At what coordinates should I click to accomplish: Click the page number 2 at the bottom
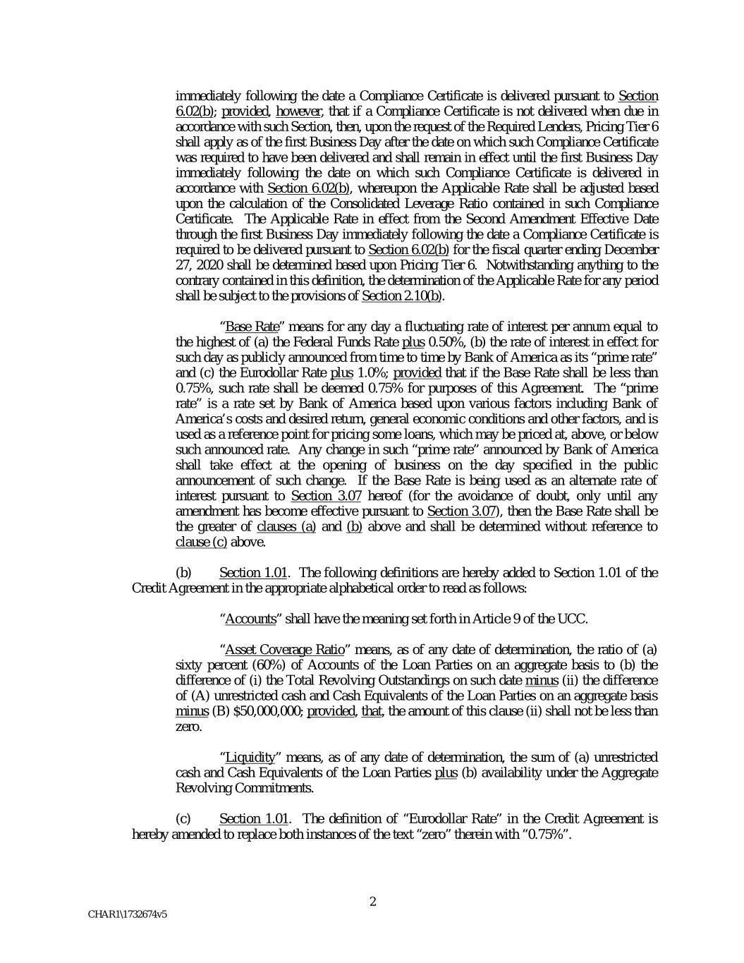pos(372,901)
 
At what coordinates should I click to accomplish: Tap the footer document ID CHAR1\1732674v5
pos(127,914)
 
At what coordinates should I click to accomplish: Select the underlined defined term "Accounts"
pos(250,619)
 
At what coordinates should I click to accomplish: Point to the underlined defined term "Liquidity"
pos(250,758)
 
